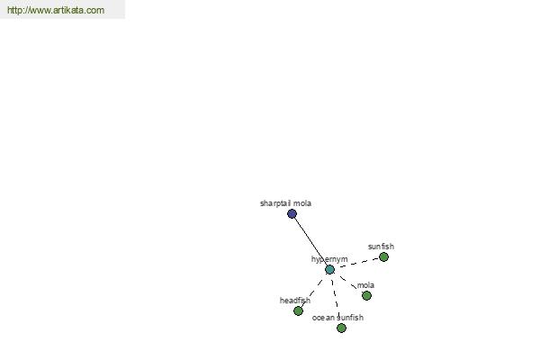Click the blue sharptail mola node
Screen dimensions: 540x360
pos(292,214)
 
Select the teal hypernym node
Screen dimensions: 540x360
pos(329,269)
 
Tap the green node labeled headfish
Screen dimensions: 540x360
pos(298,311)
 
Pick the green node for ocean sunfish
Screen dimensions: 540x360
pos(341,328)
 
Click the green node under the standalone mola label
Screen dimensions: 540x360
pos(366,295)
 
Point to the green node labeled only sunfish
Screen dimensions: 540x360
pos(383,257)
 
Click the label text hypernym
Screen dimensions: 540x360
pos(329,259)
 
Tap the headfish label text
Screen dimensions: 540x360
pos(295,301)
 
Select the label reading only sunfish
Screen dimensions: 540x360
pos(381,247)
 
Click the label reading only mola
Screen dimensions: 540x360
pos(365,285)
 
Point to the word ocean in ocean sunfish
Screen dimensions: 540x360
pos(323,318)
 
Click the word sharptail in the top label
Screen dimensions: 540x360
pos(275,203)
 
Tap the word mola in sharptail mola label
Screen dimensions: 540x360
pos(302,203)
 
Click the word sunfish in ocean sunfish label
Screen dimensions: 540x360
pos(350,318)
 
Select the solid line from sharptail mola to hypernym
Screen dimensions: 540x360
pos(310,242)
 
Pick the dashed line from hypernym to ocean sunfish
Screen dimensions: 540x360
pos(336,299)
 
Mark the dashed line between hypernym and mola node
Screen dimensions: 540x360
pos(348,283)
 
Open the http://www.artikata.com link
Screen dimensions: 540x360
pos(56,10)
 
